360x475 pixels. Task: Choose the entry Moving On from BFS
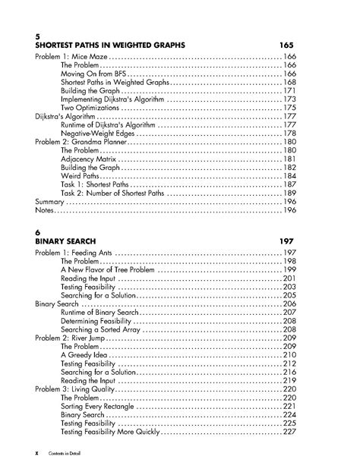93,75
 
